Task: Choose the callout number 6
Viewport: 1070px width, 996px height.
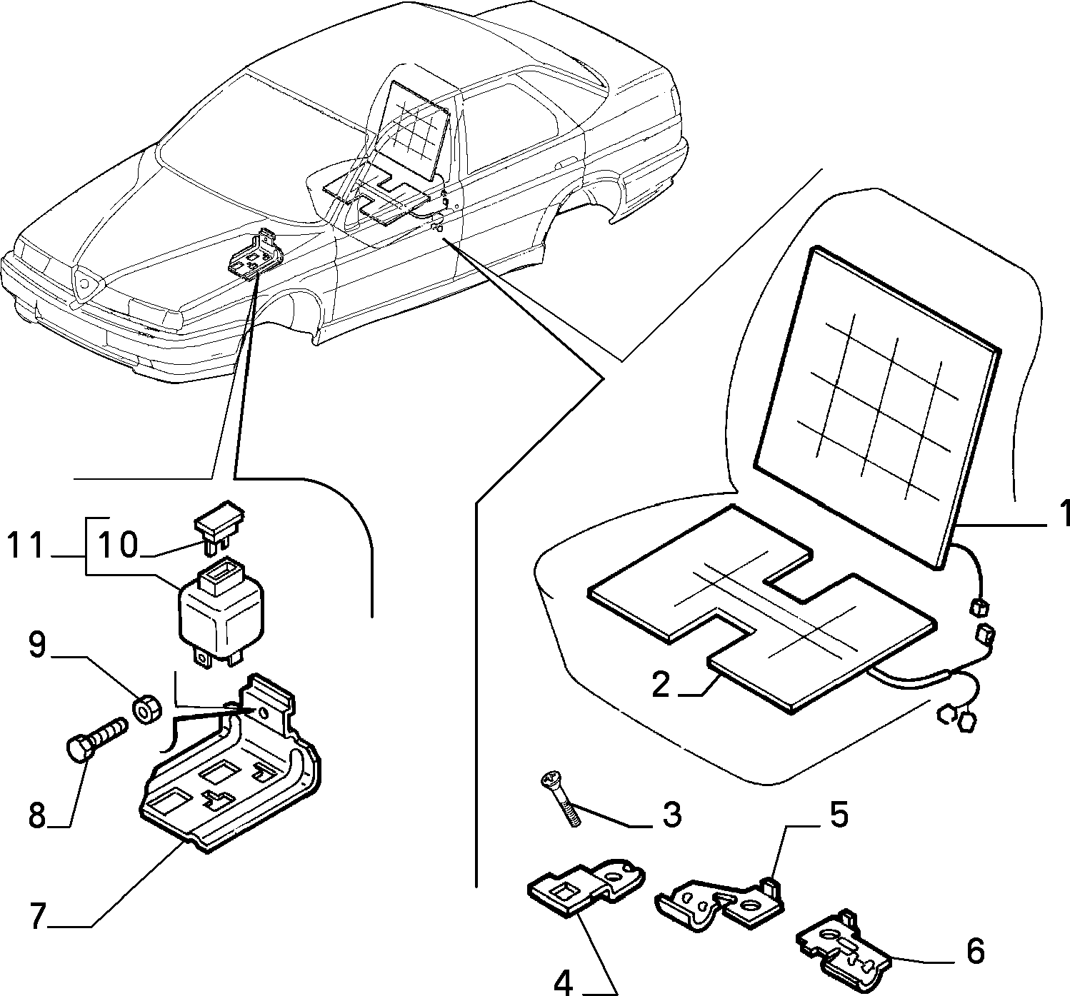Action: (x=975, y=951)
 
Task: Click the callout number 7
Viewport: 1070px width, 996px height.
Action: (x=36, y=916)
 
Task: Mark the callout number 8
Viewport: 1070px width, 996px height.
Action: (x=36, y=815)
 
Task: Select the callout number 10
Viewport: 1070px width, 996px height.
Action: (x=118, y=545)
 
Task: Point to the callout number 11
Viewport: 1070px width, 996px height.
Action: (x=25, y=545)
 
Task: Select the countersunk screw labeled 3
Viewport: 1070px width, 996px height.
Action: (x=560, y=798)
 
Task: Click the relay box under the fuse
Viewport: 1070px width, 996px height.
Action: (x=221, y=610)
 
